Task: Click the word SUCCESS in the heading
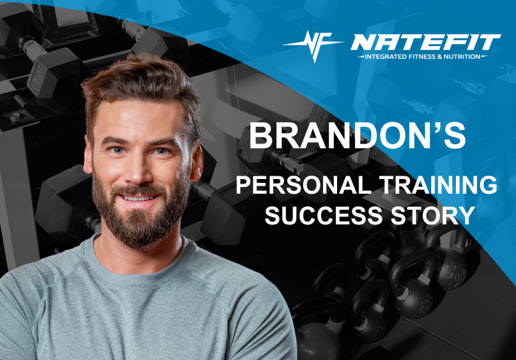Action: pyautogui.click(x=325, y=215)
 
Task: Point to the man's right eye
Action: pyautogui.click(x=115, y=150)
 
